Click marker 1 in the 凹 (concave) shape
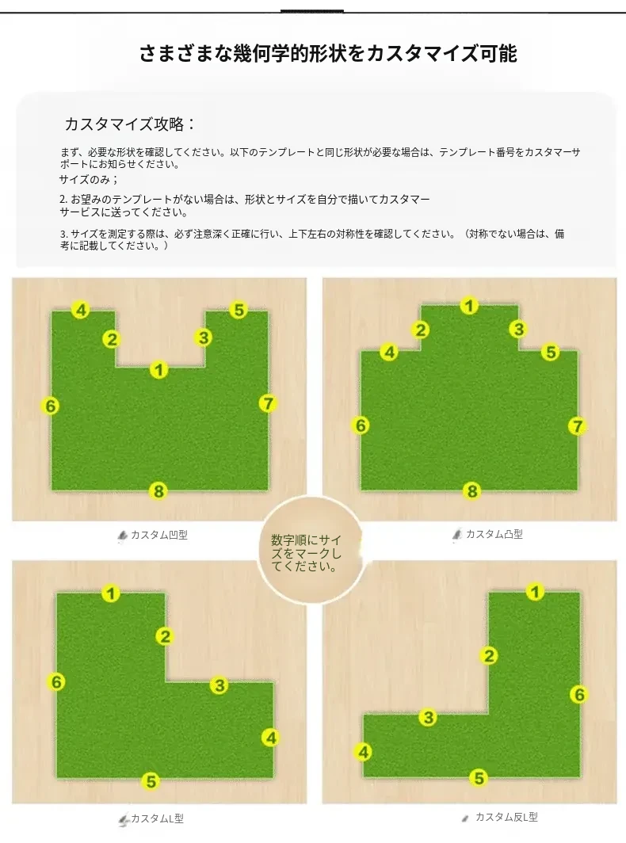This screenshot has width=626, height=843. click(x=158, y=370)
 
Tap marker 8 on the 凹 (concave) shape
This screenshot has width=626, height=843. click(x=158, y=491)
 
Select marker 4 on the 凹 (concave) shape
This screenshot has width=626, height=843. click(x=81, y=311)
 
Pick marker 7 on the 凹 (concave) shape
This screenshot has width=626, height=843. click(x=268, y=403)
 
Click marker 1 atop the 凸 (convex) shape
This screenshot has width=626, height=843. click(x=469, y=306)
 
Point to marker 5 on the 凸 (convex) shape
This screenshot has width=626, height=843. click(x=550, y=352)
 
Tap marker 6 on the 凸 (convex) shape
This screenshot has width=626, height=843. click(x=361, y=425)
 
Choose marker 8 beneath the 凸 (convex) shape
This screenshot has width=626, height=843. click(x=471, y=491)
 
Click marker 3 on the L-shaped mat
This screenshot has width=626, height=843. click(x=219, y=685)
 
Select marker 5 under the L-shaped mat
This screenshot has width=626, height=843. click(x=151, y=781)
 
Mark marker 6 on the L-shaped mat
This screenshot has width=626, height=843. click(x=56, y=682)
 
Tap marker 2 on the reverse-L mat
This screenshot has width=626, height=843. click(x=489, y=656)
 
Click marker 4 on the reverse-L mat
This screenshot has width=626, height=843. click(x=364, y=752)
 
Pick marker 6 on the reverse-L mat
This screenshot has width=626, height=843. click(x=579, y=695)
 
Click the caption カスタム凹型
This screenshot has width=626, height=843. click(x=159, y=535)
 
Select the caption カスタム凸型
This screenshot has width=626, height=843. click(x=494, y=534)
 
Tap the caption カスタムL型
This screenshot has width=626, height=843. click(x=157, y=818)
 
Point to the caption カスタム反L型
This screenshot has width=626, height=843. click(x=506, y=817)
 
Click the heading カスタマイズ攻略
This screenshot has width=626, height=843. click(x=130, y=124)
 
